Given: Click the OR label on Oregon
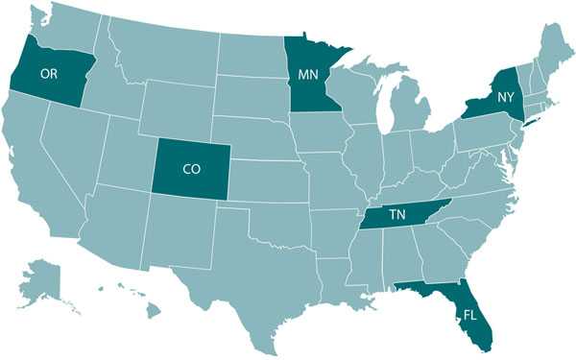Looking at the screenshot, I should point(48,73).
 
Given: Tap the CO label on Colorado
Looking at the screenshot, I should point(191,168).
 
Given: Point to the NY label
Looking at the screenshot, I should point(506,98).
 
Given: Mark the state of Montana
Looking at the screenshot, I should point(163,48).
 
